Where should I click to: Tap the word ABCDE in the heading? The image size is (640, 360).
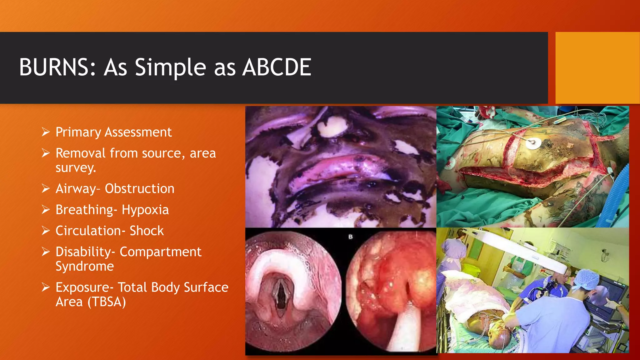pyautogui.click(x=277, y=67)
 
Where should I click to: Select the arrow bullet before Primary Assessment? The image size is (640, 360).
pyautogui.click(x=46, y=132)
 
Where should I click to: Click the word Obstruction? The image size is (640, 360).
pyautogui.click(x=139, y=189)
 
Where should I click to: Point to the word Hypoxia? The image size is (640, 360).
pyautogui.click(x=145, y=210)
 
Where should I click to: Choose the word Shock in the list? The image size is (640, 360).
pyautogui.click(x=147, y=231)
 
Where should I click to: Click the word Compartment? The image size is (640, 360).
pyautogui.click(x=161, y=252)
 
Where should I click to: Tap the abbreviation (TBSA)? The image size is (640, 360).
pyautogui.click(x=107, y=302)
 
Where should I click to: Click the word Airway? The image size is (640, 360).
pyautogui.click(x=76, y=189)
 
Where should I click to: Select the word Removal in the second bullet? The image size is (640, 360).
pyautogui.click(x=81, y=153)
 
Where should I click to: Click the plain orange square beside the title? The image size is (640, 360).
pyautogui.click(x=597, y=68)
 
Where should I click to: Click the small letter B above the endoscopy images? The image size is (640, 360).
pyautogui.click(x=350, y=237)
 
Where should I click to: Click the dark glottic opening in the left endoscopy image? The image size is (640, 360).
pyautogui.click(x=282, y=294)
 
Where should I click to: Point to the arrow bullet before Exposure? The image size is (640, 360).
pyautogui.click(x=46, y=287)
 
